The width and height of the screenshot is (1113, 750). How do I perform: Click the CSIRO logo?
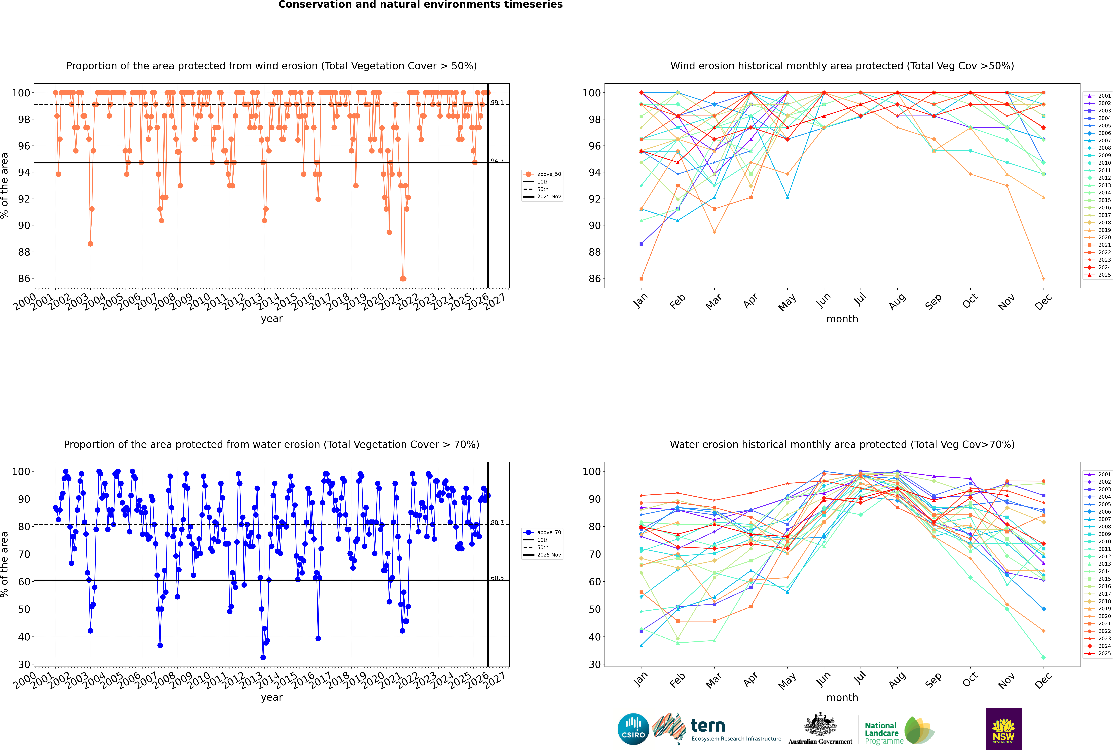633,729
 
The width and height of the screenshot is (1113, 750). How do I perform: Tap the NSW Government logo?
1003,729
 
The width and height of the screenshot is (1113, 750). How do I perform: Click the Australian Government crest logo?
820,729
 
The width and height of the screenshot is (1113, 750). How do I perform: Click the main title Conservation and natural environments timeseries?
420,5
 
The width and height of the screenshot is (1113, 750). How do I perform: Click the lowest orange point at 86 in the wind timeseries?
403,279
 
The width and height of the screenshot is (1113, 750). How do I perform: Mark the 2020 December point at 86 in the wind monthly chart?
1044,279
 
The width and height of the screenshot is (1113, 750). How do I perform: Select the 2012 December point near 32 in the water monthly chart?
1044,657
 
